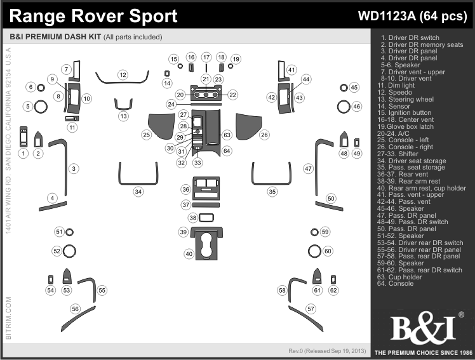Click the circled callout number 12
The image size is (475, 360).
tap(123, 75)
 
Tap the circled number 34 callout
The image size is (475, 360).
tap(138, 191)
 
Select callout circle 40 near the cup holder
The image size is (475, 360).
tap(189, 254)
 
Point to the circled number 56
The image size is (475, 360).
tap(76, 309)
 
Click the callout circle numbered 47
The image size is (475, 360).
tap(308, 169)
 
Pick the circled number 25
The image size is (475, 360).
tap(147, 135)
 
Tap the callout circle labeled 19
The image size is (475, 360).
tap(236, 59)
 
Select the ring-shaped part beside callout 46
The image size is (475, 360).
tap(342, 106)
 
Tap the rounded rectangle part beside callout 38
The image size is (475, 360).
tap(205, 218)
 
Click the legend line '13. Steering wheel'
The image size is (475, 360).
tap(407, 100)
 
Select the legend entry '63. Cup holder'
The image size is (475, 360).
tap(401, 277)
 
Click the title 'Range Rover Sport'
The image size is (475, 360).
tap(94, 15)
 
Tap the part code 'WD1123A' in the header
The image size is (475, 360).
tap(382, 16)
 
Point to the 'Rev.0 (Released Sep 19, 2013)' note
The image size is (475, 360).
tap(326, 351)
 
